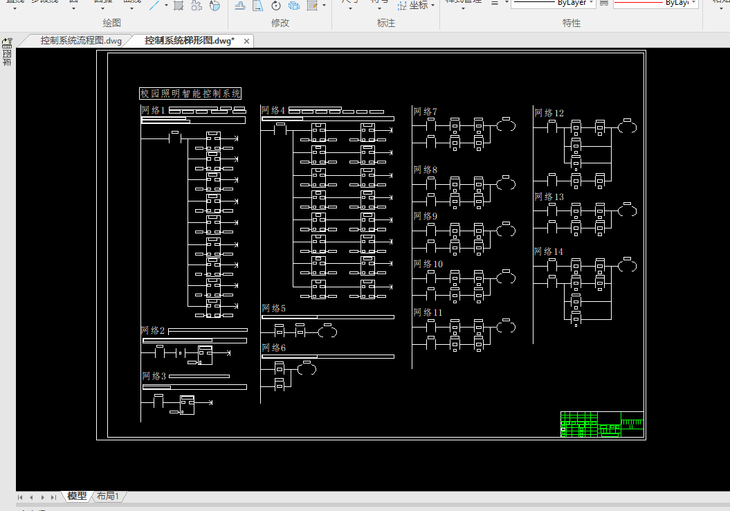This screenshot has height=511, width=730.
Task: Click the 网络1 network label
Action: [x=153, y=111]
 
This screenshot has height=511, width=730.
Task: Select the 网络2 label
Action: [x=153, y=331]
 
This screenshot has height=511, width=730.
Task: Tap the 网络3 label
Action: [x=154, y=376]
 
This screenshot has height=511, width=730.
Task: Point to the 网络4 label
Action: [x=273, y=110]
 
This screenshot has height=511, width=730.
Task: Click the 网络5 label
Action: [x=273, y=308]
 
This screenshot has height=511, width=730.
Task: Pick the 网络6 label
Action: [x=273, y=348]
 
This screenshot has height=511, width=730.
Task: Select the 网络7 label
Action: [x=425, y=111]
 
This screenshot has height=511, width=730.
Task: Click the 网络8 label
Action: [x=425, y=170]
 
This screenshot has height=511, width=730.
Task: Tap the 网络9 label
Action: [x=425, y=217]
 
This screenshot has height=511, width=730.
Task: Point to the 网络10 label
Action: [x=428, y=264]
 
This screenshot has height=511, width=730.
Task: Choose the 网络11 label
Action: [x=428, y=312]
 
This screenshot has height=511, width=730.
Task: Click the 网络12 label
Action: [x=549, y=113]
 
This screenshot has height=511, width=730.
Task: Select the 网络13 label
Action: [x=549, y=197]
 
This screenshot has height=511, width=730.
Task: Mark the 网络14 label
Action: [x=549, y=251]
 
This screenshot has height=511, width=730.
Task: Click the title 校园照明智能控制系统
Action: [x=190, y=93]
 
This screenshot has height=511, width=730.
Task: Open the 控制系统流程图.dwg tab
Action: [x=80, y=41]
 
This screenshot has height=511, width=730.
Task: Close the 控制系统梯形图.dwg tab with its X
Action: [x=246, y=42]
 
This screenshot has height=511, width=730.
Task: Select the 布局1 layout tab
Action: [x=108, y=496]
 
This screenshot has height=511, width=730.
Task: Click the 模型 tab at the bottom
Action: [x=77, y=496]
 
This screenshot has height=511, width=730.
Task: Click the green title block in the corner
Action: [x=601, y=424]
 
